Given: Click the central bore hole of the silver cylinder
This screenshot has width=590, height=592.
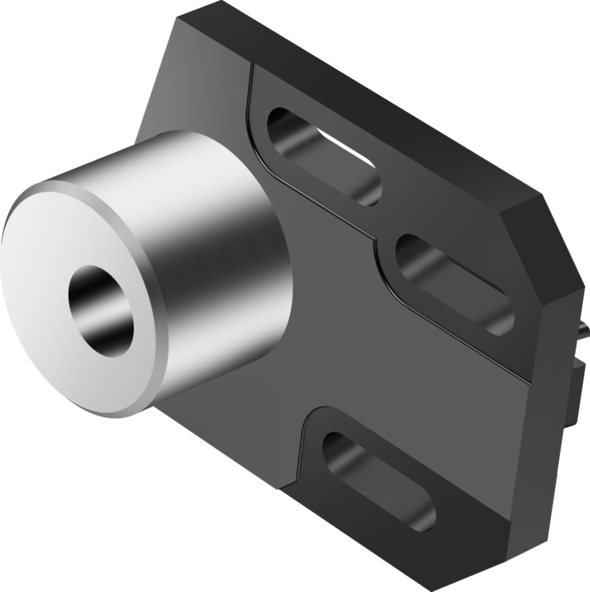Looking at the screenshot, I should pyautogui.click(x=101, y=310).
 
